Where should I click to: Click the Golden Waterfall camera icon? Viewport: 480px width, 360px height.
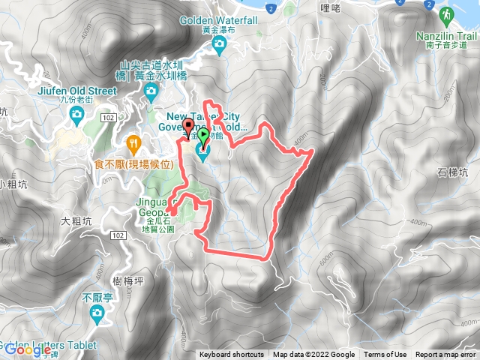coord(219,46)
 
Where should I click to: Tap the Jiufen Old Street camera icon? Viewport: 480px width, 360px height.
coord(76,113)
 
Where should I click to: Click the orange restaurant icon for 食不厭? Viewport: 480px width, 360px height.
coord(133,142)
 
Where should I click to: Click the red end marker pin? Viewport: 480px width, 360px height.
coord(187,126)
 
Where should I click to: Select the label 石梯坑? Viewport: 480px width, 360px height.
coord(453,173)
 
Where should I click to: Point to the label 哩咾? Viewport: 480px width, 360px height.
coord(330,8)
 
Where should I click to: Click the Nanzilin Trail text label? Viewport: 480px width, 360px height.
coord(448,35)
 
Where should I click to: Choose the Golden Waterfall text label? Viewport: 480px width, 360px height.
coord(219,21)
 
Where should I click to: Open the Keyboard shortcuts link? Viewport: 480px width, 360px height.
coord(232,355)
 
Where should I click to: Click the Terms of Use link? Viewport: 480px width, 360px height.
coord(385,355)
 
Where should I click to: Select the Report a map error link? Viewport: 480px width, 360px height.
coord(447,355)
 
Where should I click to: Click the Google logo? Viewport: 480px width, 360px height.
coord(26,349)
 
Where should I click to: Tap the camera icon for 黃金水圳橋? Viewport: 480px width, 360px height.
coord(151,91)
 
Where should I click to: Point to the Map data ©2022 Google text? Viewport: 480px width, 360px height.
coord(313,355)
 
